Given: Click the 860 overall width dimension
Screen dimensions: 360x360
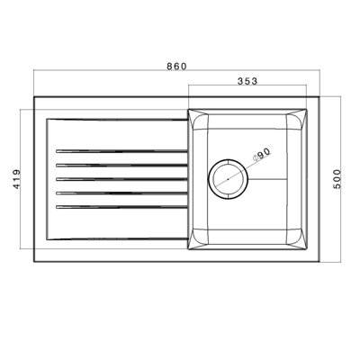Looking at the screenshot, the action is pos(176,67).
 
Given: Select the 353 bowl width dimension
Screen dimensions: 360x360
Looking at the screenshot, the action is pos(247,81).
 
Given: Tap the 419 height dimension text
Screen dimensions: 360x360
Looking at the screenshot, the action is pos(17,179).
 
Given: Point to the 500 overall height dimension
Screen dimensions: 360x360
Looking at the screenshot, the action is pos(337,179).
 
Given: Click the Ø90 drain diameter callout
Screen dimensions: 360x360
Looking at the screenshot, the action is pos(262,155).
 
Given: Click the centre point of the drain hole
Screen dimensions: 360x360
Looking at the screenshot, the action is pos(228,179).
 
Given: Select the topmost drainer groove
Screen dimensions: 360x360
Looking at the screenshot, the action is pos(121,151).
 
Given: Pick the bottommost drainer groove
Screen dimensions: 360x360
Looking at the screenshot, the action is pos(121,207).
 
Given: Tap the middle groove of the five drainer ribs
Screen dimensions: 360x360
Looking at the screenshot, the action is pos(121,179).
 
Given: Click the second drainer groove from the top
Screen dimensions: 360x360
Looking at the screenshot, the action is pos(121,165).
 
